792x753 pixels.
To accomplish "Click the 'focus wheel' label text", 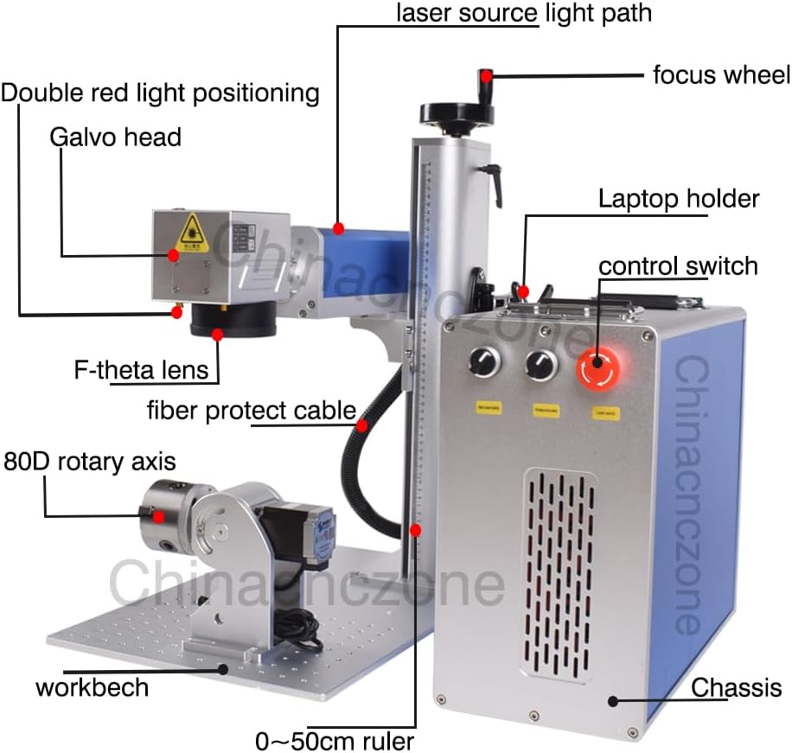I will (x=720, y=75).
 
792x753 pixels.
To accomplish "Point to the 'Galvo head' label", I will (x=115, y=136).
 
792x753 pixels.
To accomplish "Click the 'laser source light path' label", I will (x=523, y=13).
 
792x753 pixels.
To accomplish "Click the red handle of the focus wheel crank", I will (x=487, y=76).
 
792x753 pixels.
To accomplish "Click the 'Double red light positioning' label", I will (x=160, y=92).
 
